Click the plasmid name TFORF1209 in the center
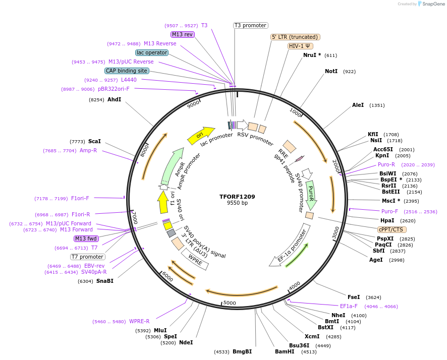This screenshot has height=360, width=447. tap(237, 196)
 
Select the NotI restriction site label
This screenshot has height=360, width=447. tap(331, 72)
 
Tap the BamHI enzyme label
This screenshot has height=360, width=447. tap(285, 351)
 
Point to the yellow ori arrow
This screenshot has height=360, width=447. tap(200, 134)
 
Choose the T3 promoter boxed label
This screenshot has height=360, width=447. tap(251, 25)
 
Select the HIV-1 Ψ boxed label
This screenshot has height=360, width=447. tap(299, 46)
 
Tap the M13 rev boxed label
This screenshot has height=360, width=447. tap(182, 34)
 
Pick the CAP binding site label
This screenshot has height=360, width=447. tap(127, 71)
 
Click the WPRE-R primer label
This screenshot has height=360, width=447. tap(139, 321)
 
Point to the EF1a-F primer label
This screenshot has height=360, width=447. tap(349, 306)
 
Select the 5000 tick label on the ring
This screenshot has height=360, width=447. tap(230, 303)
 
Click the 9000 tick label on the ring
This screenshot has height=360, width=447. tap(193, 105)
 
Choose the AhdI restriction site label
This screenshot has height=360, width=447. tap(115, 99)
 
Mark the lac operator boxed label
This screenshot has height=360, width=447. tap(151, 52)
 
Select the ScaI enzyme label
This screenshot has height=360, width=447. tap(94, 141)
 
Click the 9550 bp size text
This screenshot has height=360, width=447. tap(237, 203)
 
